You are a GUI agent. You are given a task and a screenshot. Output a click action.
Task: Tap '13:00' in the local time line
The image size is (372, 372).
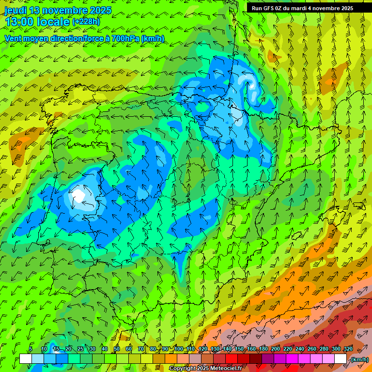(x=20, y=22)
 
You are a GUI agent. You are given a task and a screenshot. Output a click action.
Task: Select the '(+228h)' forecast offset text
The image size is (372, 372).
(x=87, y=22)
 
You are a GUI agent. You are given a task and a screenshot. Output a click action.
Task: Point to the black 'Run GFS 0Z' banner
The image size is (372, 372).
(x=302, y=8)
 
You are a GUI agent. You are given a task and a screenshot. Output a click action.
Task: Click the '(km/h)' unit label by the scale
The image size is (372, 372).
(x=359, y=359)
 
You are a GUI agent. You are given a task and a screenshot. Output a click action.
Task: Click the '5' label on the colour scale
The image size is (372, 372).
(x=31, y=349)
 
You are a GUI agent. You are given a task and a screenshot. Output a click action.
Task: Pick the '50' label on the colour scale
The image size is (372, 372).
(x=117, y=349)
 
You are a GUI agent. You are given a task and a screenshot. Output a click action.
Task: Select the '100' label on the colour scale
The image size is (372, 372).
(x=178, y=349)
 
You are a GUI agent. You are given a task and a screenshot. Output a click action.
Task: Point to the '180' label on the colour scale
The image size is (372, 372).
(x=263, y=349)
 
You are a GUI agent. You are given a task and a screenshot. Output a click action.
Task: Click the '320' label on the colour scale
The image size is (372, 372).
(x=348, y=349)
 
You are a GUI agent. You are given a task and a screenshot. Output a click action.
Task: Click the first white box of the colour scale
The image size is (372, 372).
(x=26, y=359)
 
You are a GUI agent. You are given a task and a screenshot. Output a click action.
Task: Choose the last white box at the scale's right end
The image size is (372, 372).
(x=341, y=359)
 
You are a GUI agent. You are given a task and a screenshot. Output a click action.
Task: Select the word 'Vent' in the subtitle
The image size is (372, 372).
(x=14, y=38)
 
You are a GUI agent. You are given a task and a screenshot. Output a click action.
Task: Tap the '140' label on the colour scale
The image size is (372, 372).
(x=227, y=349)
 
